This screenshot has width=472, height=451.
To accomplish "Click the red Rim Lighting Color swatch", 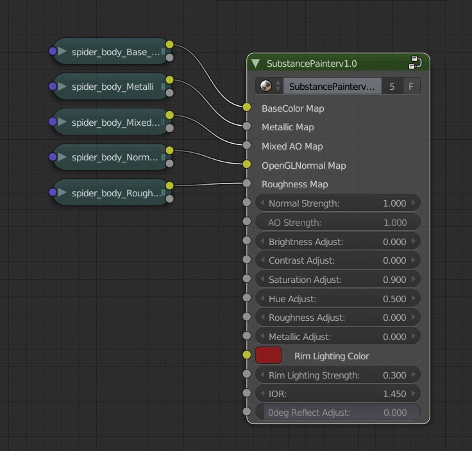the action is pos(268,355).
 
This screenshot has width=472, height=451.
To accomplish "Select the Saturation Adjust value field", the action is pos(337,280).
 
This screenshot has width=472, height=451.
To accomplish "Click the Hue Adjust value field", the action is pos(337,299).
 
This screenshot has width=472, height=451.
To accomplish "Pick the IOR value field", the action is pos(337,394).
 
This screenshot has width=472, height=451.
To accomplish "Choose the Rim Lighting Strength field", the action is pos(337,375).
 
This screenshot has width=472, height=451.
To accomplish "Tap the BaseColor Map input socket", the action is pos(247,107).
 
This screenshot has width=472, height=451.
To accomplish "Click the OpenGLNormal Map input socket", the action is pos(247,164).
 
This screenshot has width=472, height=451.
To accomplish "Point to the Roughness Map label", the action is pos(295,184).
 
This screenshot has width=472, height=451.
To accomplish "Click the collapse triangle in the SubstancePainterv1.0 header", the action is pos(256,64).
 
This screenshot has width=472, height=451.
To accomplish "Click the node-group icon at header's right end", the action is pos(415,63).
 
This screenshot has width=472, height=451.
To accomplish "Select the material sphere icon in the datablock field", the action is pos(265,86).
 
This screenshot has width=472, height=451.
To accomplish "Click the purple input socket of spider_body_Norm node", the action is pos(53,157).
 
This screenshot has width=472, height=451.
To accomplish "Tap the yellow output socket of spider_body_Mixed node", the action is pos(169,115).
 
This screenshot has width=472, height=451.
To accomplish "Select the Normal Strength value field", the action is pos(337,203).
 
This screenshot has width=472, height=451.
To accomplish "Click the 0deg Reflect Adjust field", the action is pos(337,413).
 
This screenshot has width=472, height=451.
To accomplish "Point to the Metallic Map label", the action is pos(288,127).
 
